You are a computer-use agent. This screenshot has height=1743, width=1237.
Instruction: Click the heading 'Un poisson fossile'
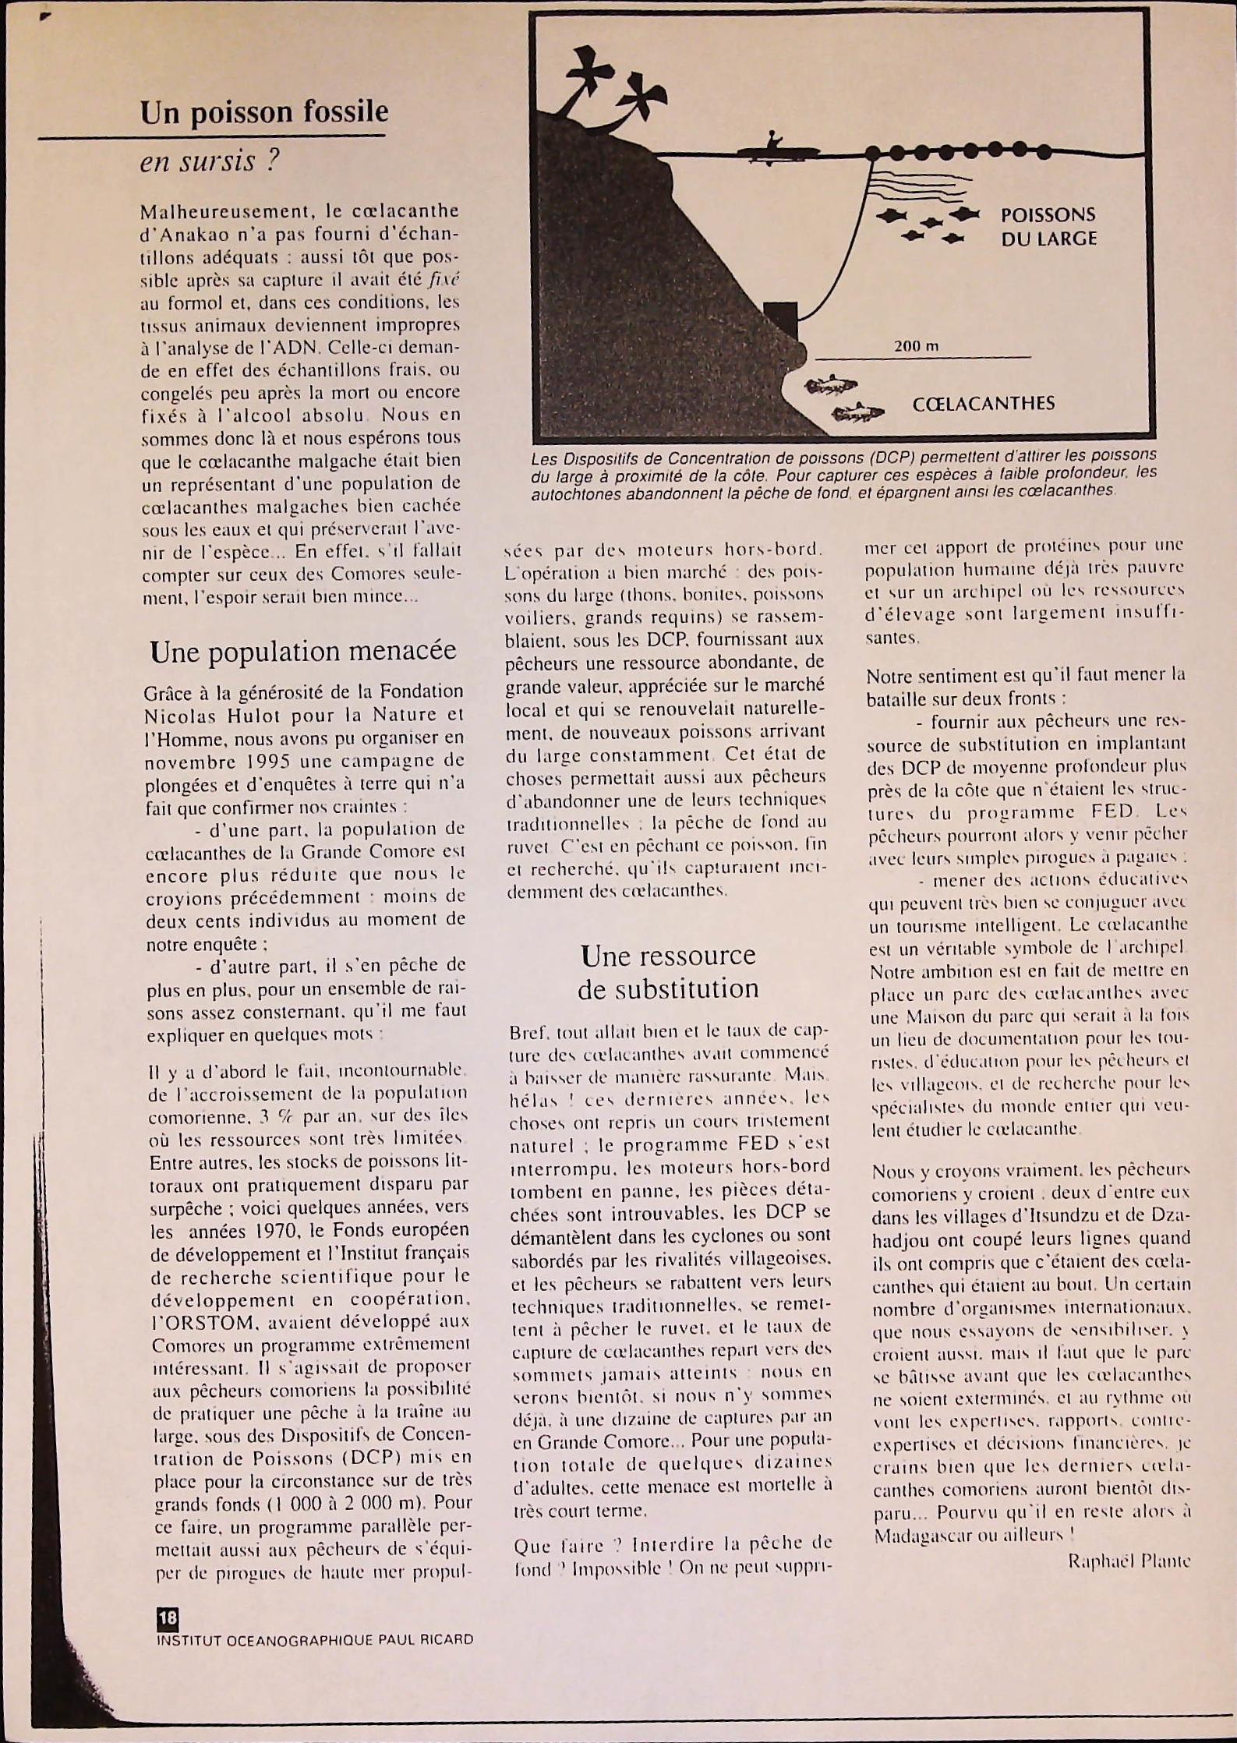264,112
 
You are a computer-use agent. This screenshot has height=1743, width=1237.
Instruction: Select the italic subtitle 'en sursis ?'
209,161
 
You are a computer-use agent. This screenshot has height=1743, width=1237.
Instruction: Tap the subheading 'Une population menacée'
303,651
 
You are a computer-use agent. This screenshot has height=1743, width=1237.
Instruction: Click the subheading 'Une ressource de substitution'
668,971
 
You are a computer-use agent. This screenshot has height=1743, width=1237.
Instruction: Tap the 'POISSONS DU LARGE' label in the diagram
1048,227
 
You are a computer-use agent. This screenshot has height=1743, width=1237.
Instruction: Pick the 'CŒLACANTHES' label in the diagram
983,404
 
